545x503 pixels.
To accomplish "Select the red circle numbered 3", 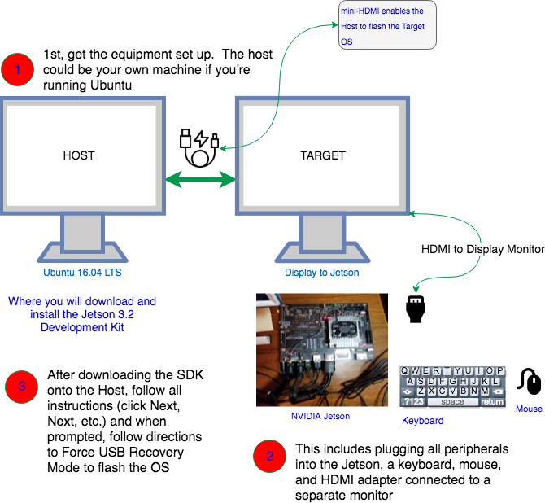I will (22, 387).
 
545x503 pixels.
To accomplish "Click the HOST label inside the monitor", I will (79, 155).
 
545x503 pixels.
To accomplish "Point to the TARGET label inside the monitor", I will (323, 155).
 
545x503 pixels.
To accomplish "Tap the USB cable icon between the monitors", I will (200, 146).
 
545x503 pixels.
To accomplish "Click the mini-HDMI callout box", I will (387, 25).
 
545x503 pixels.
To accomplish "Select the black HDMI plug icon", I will (416, 308).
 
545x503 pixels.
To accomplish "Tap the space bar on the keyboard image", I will (452, 402).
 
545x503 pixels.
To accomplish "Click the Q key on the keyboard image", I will (405, 370).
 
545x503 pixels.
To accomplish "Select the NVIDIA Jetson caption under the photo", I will (320, 416).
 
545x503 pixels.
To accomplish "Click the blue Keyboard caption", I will (423, 421).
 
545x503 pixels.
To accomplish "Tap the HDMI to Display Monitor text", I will (482, 249).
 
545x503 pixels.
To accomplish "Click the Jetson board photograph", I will (320, 349).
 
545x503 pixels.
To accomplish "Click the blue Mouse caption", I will (529, 409).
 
